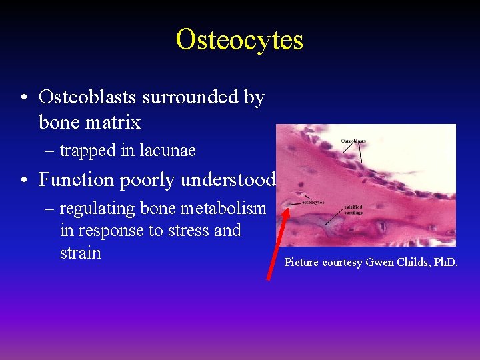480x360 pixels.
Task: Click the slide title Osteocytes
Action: (239, 39)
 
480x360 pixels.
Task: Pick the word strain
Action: (80, 253)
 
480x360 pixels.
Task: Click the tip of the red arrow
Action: (288, 208)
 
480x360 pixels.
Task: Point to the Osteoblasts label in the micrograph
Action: (353, 141)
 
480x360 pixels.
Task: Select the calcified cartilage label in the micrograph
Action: (354, 209)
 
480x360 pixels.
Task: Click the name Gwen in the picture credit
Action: (379, 263)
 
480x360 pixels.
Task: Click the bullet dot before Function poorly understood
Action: (24, 181)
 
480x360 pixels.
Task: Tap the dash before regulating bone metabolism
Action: (49, 209)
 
